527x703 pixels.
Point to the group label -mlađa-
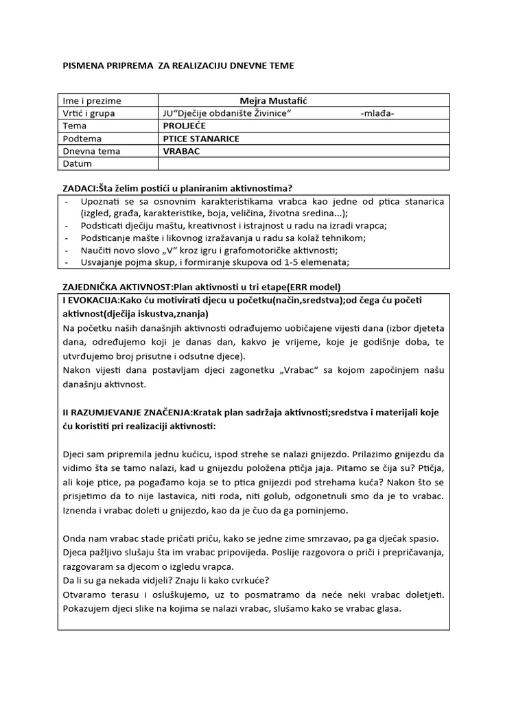coord(377,113)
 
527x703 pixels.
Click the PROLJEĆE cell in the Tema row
coord(184,126)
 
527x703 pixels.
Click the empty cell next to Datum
coord(304,163)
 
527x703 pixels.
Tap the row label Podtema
coord(82,139)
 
